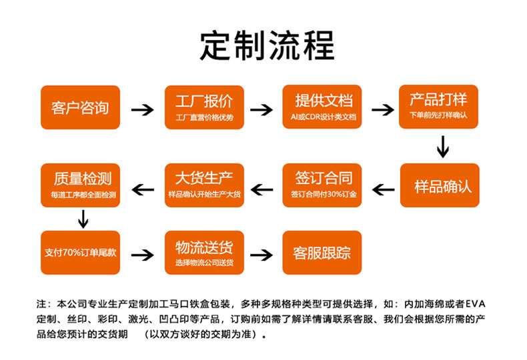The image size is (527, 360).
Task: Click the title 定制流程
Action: pos(268,45)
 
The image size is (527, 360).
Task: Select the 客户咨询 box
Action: pos(80,107)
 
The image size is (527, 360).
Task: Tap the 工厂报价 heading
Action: pos(204,101)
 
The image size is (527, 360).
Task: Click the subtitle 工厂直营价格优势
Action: pos(204,117)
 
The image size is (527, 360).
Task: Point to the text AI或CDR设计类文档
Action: pos(324,117)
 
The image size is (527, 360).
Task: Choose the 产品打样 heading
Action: pos(438,99)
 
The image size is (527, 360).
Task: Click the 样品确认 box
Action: pos(440,185)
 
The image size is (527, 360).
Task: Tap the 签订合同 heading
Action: pos(324,178)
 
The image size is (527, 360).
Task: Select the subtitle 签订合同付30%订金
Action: pos(324,194)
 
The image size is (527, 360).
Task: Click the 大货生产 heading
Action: pos(204,178)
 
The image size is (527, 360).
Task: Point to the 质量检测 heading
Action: pos(83,178)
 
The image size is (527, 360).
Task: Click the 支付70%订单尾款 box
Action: pos(80,253)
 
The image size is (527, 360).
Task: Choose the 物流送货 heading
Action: pos(204,247)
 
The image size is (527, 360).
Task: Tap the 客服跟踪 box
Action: pos(322,253)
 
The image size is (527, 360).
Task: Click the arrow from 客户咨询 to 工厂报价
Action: pos(143,109)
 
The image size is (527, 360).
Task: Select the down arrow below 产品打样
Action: pos(443,147)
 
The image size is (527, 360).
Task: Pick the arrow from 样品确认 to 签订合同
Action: pos(384,190)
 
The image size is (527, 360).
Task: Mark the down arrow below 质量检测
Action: pos(83,219)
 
